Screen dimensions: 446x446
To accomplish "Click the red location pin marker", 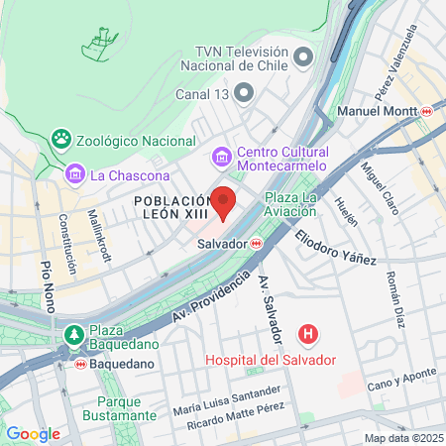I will pos(223,202).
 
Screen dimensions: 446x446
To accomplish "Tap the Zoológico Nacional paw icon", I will pos(61,139).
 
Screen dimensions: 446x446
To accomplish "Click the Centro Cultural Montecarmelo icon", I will pos(222,158).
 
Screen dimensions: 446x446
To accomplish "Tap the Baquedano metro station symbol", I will pos(80,364).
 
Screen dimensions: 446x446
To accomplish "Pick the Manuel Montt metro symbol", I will pos(426,112).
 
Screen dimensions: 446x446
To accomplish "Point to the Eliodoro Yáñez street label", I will pos(335,247).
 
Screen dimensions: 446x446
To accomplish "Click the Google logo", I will pos(33,434).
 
